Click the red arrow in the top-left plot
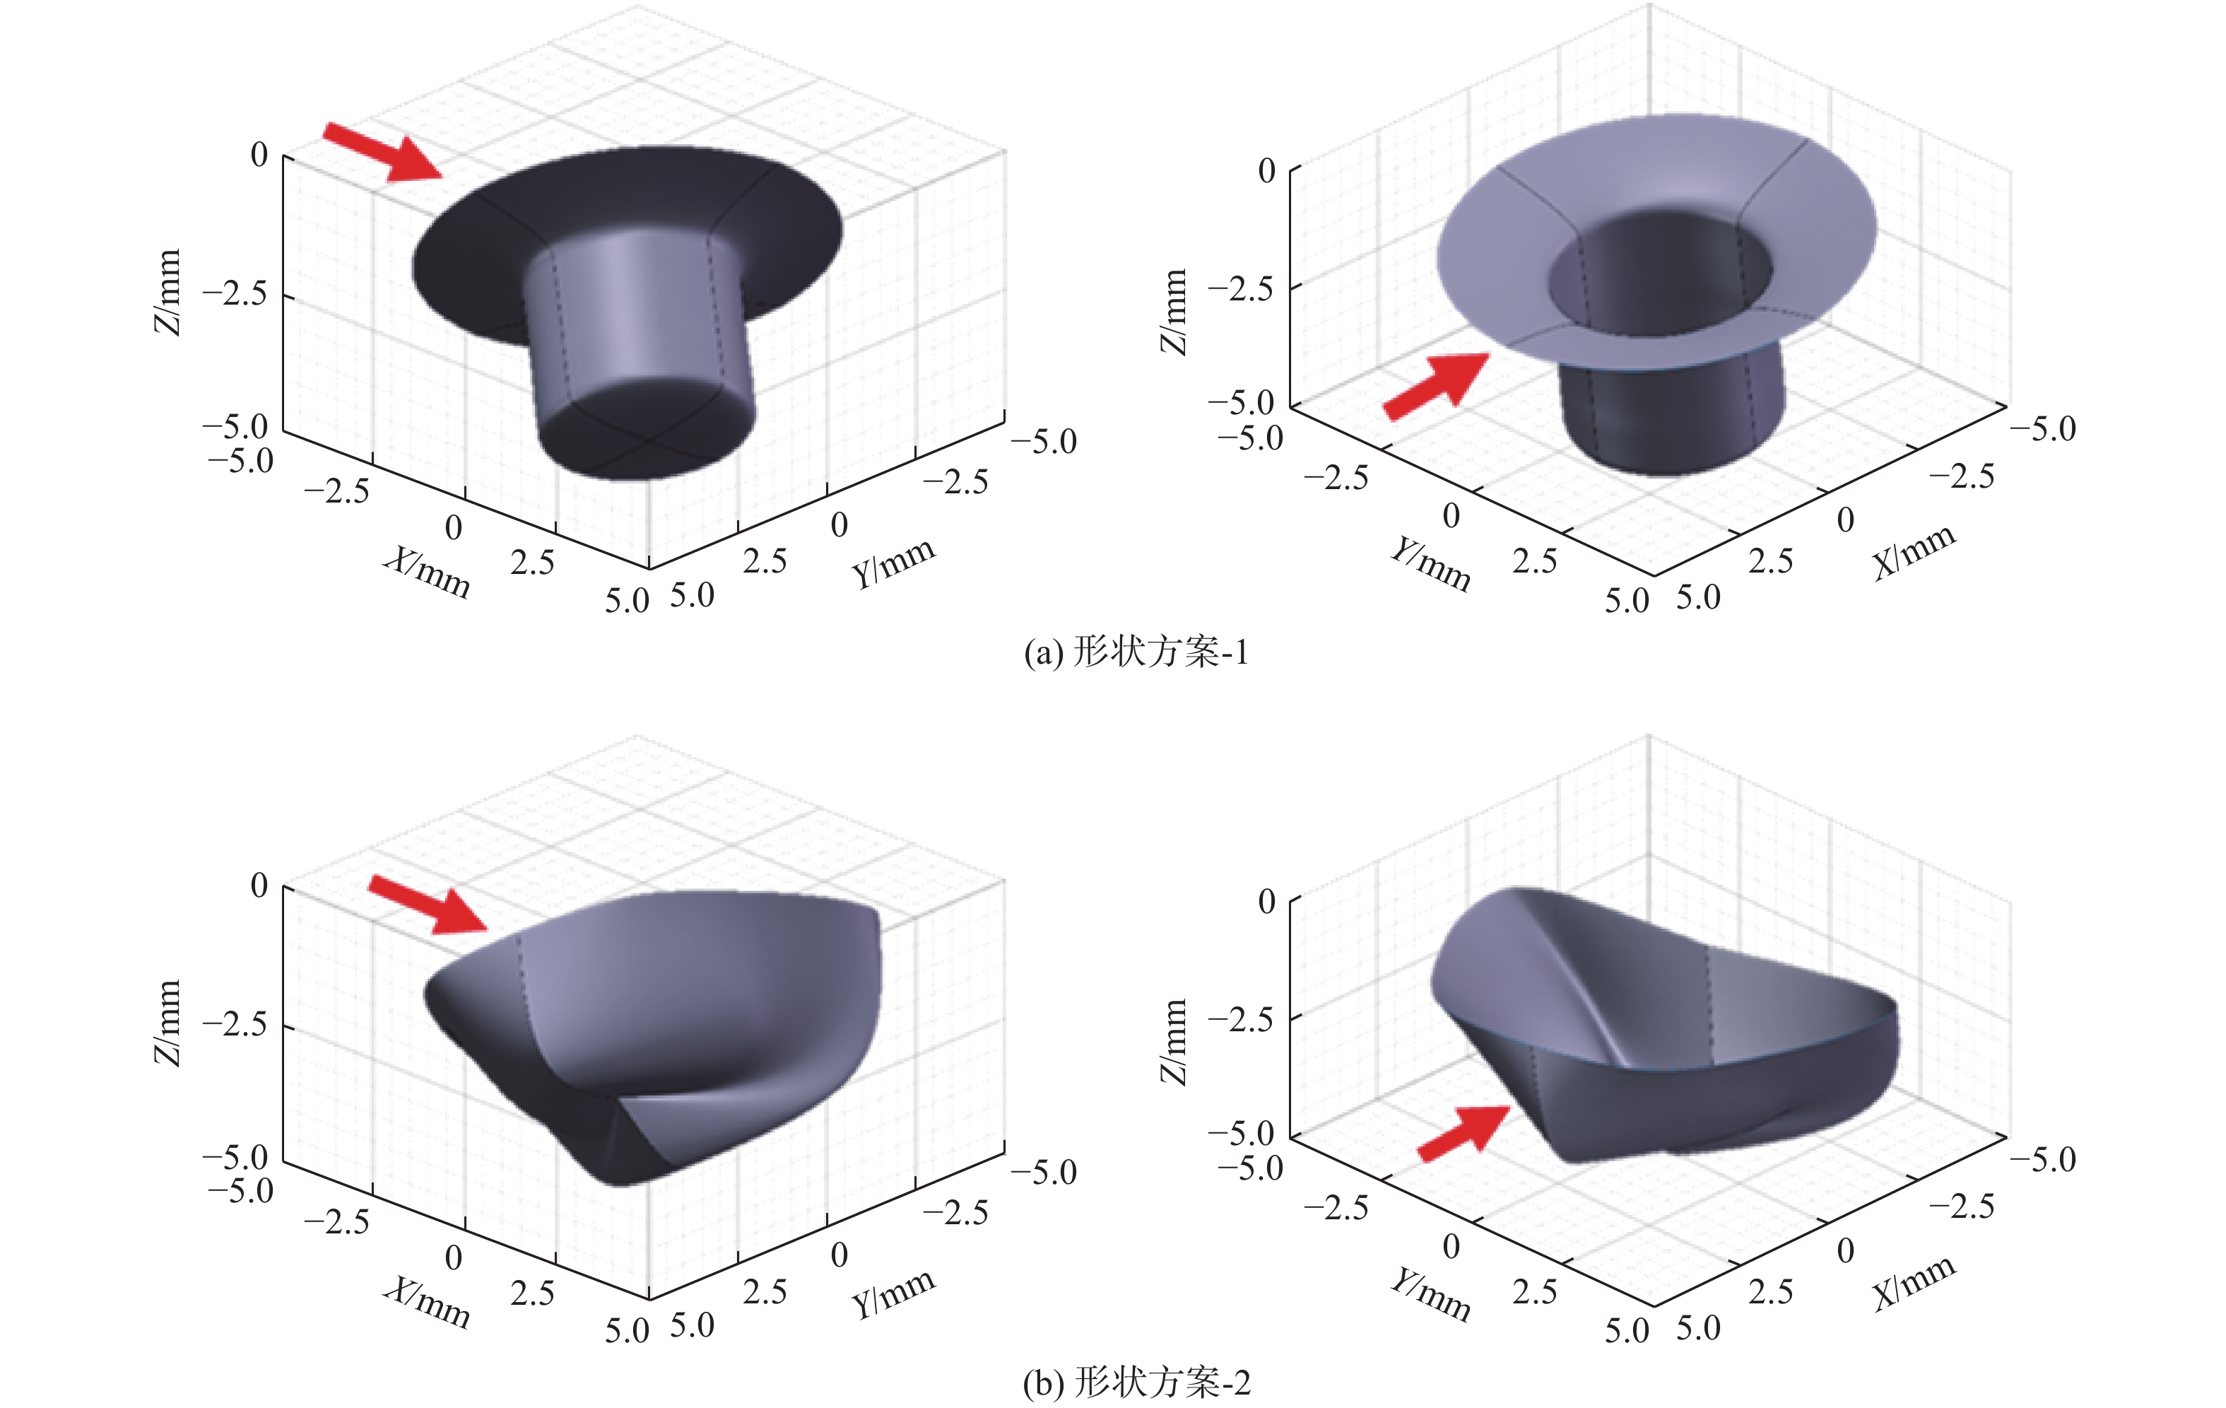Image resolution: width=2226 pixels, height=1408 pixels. pos(383,151)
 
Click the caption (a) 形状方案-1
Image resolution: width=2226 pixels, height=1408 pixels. pos(1136,652)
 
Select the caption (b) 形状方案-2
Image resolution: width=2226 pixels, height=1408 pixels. pos(1136,1383)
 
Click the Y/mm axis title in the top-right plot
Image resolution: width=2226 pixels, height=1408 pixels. pos(1430,564)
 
